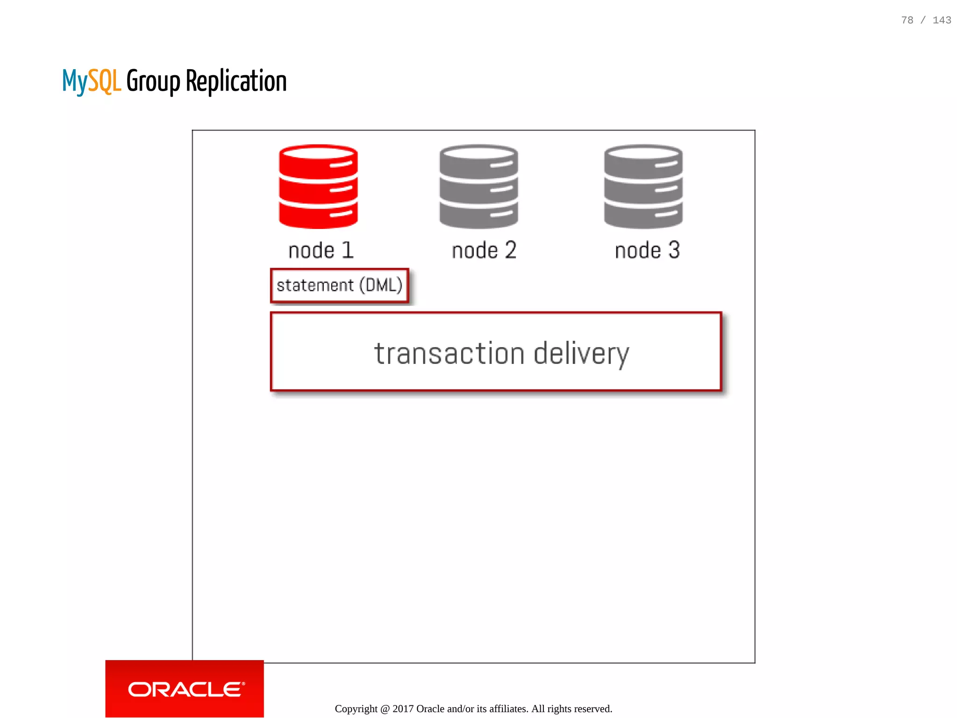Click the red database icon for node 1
[318, 187]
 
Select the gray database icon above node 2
[478, 187]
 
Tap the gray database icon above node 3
[643, 187]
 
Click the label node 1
[321, 250]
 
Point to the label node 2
[484, 250]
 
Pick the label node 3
[647, 250]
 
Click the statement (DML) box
[339, 285]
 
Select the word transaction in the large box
[449, 353]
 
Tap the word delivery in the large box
[581, 353]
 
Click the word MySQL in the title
[92, 81]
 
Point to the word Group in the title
[153, 81]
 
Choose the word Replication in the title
[236, 81]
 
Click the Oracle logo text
[186, 690]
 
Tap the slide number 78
[907, 20]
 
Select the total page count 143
[942, 20]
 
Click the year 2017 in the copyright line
[403, 709]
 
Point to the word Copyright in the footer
[356, 709]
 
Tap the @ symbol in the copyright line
[385, 709]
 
